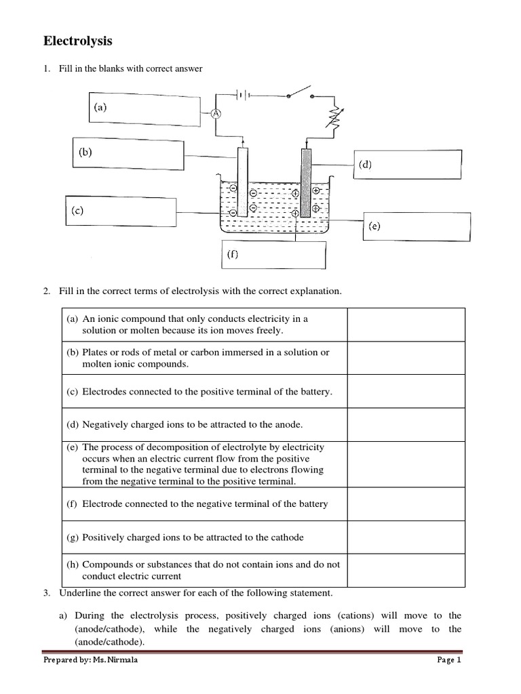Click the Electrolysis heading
[78, 42]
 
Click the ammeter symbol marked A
[216, 114]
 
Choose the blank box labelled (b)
[128, 157]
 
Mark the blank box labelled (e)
[416, 227]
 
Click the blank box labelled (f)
[273, 256]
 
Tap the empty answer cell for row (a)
[406, 325]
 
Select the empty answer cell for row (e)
[406, 465]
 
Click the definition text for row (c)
[207, 392]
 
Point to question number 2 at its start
[47, 291]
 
